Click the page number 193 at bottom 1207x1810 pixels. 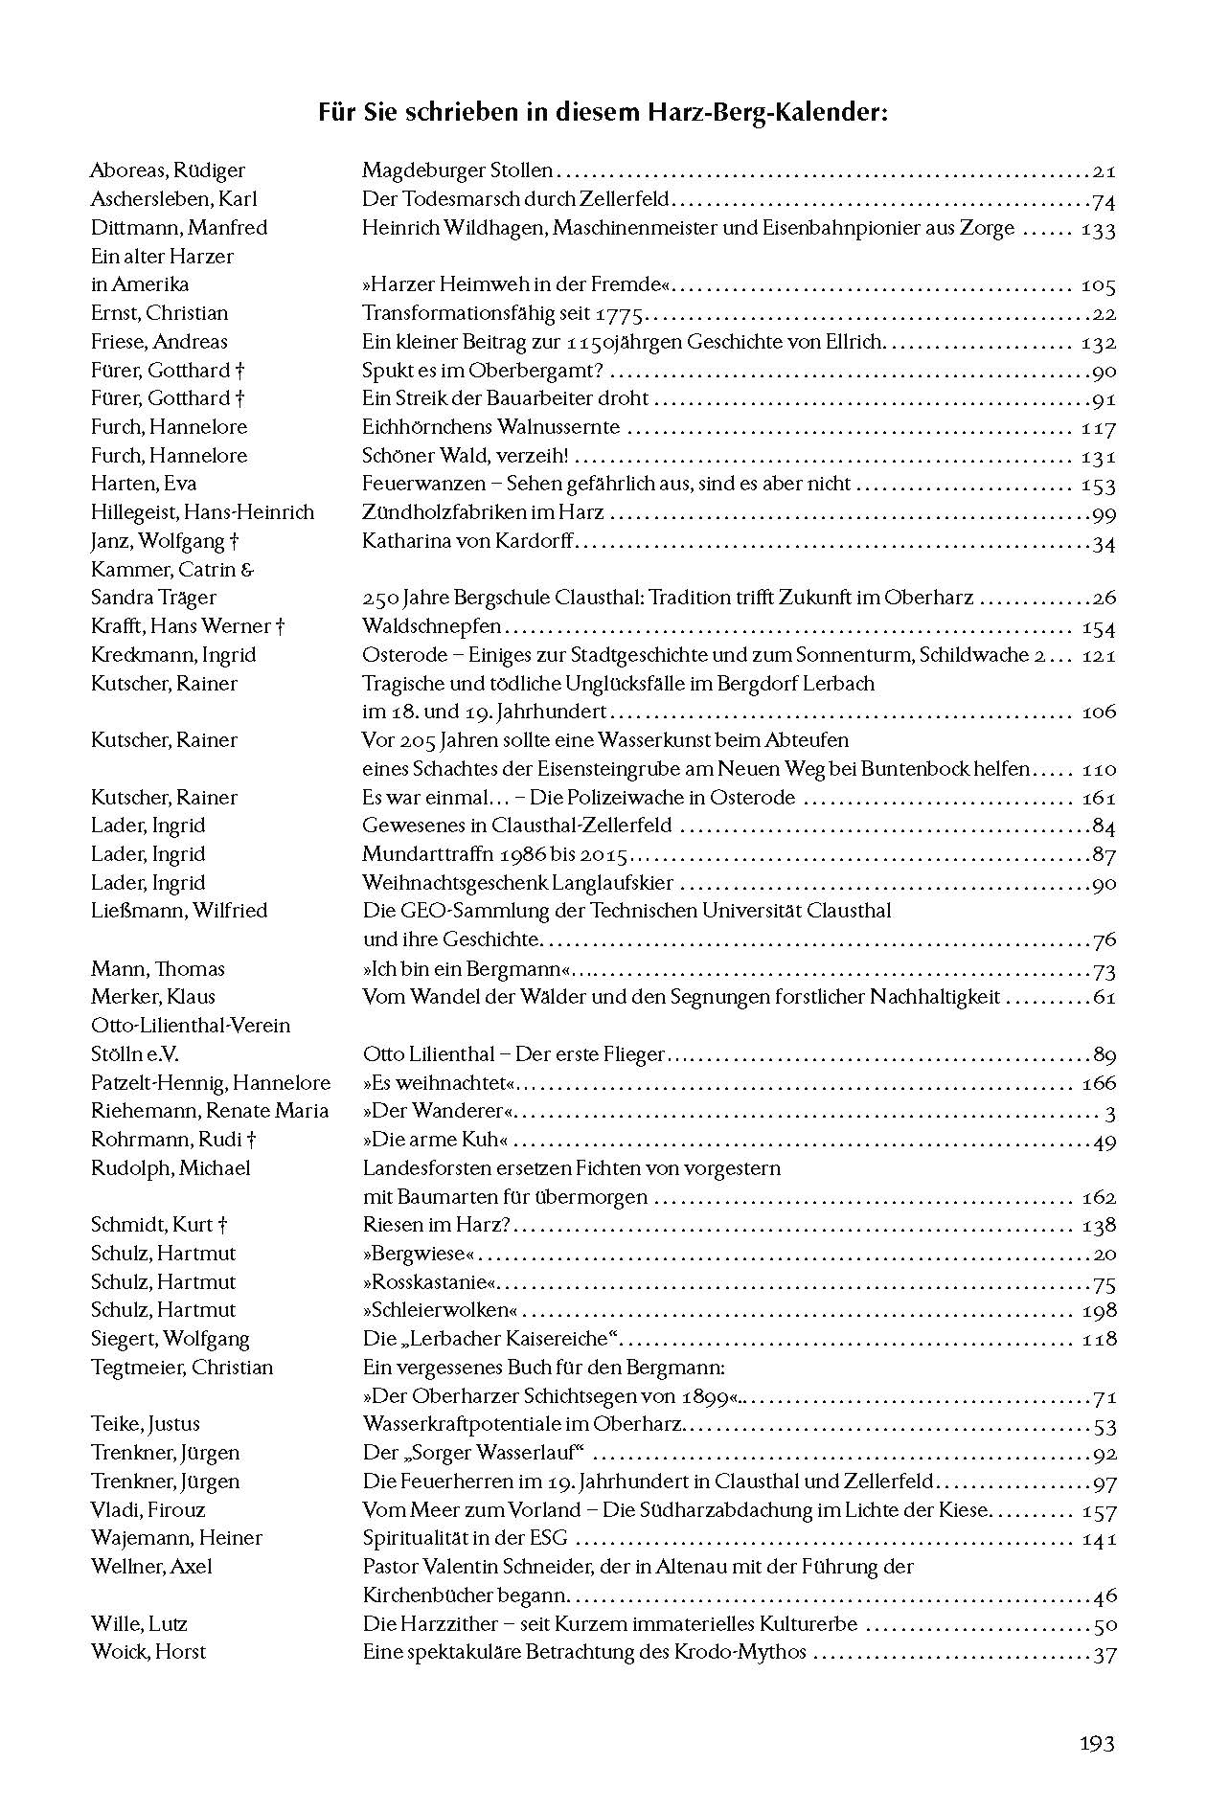point(1096,1744)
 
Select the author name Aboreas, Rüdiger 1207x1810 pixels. point(168,170)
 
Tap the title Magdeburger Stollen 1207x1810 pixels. point(458,170)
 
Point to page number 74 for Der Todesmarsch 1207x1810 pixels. point(1104,200)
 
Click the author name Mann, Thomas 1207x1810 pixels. point(158,968)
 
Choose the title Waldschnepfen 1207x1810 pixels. point(432,626)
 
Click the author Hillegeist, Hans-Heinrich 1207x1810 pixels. point(202,512)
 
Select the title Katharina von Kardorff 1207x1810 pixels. point(467,541)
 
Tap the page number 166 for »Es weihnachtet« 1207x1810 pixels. point(1098,1083)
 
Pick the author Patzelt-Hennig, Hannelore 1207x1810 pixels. point(211,1083)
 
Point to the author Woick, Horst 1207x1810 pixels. point(148,1652)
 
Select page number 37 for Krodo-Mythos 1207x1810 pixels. point(1104,1653)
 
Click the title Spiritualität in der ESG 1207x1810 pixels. point(466,1538)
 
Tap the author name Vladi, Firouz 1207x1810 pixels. point(148,1510)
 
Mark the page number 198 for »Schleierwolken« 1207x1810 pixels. point(1098,1310)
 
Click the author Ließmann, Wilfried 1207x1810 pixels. point(179,911)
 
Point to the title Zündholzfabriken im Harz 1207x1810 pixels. point(483,512)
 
